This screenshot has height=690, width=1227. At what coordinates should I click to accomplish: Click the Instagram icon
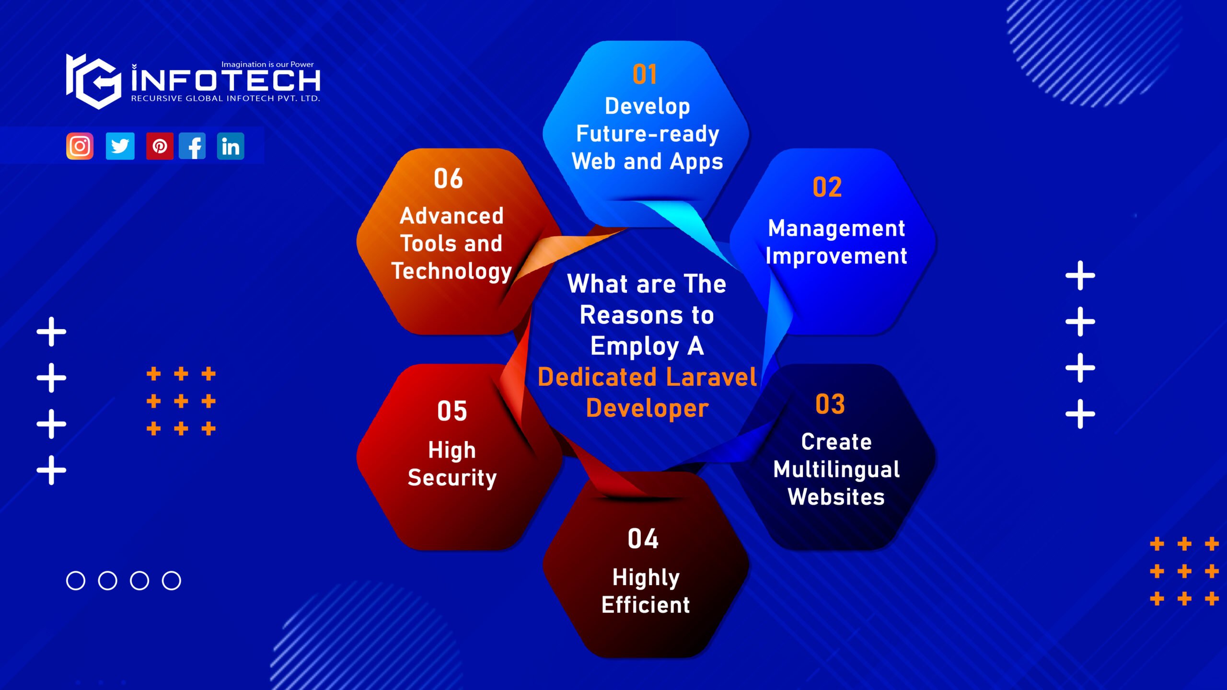pyautogui.click(x=80, y=146)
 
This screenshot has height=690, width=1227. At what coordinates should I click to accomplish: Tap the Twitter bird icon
pyautogui.click(x=120, y=146)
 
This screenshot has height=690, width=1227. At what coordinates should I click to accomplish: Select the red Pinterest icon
pyautogui.click(x=160, y=146)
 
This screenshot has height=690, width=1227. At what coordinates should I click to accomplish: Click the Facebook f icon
pyautogui.click(x=193, y=146)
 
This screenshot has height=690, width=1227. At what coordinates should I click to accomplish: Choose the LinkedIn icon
pyautogui.click(x=231, y=146)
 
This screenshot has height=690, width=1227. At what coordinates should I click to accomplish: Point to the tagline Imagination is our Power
pyautogui.click(x=267, y=64)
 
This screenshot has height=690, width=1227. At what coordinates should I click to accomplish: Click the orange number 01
pyautogui.click(x=645, y=74)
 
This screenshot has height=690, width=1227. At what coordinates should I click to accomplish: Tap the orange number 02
pyautogui.click(x=827, y=187)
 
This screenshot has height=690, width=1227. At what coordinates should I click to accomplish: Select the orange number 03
pyautogui.click(x=830, y=404)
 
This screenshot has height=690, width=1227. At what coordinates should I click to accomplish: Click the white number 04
pyautogui.click(x=643, y=539)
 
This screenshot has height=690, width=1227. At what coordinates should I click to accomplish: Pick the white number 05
pyautogui.click(x=452, y=411)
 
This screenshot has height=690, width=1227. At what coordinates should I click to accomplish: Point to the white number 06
pyautogui.click(x=449, y=179)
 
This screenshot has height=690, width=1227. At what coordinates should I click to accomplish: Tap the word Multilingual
pyautogui.click(x=836, y=469)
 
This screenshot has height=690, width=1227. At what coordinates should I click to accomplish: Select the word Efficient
pyautogui.click(x=646, y=605)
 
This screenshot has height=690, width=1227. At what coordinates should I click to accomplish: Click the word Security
pyautogui.click(x=452, y=478)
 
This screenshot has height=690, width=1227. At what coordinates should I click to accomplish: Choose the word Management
pyautogui.click(x=836, y=228)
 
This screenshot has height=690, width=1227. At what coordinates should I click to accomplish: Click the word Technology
pyautogui.click(x=451, y=271)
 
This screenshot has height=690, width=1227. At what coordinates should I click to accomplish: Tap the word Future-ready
pyautogui.click(x=648, y=134)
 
